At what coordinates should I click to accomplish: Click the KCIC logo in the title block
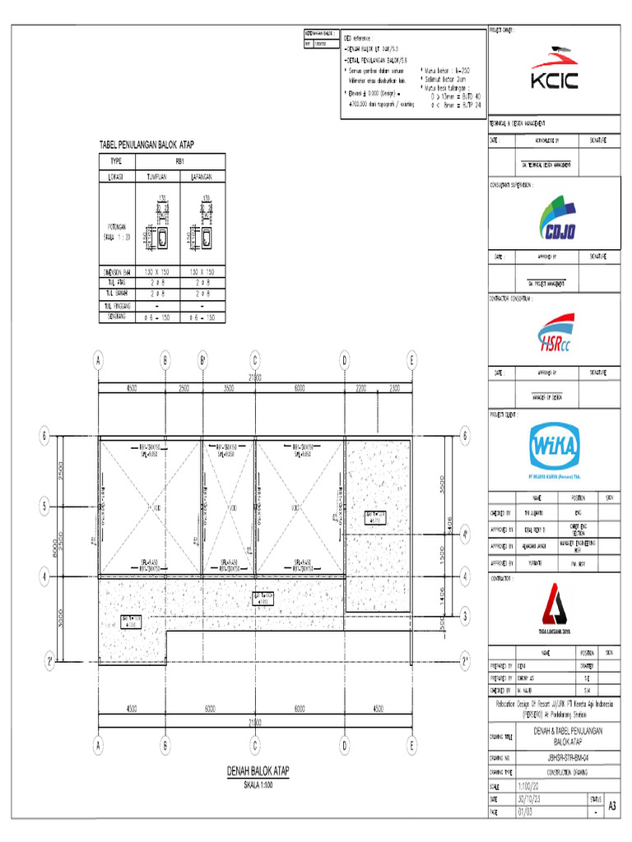click(553, 73)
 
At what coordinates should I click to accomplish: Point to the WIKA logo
click(553, 447)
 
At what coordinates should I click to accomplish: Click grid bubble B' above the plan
click(202, 360)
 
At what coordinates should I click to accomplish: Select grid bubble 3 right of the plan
click(464, 615)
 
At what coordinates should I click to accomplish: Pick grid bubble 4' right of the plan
click(464, 535)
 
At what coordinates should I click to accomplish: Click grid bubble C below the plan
click(255, 746)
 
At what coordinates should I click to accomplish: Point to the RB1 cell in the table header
click(180, 162)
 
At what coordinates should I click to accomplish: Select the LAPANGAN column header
click(202, 177)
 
